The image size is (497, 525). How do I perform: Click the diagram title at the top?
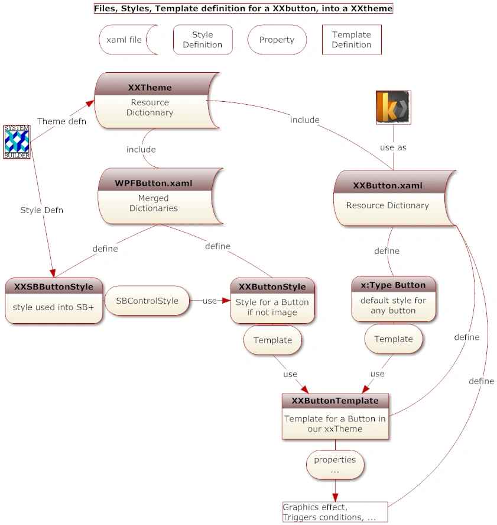point(243,9)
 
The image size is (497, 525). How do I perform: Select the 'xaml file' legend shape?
point(125,40)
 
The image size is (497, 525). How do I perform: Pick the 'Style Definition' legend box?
point(203,40)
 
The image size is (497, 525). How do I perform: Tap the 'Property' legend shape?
point(277,40)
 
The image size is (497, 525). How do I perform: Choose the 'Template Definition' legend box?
point(352,40)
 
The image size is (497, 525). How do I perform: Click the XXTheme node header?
point(150,88)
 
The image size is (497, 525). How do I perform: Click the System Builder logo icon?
point(17,141)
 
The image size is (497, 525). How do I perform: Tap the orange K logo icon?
point(393,108)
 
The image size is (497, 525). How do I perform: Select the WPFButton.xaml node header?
point(154,183)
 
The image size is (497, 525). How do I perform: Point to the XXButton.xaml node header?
point(388,185)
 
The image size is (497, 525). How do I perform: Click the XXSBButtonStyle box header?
point(54,287)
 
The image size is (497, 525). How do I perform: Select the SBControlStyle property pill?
point(147,301)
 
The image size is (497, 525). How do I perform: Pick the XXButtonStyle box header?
point(272,287)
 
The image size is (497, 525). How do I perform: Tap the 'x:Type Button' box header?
point(394,285)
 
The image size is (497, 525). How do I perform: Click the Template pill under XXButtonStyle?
point(273,340)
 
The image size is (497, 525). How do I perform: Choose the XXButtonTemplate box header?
point(335,401)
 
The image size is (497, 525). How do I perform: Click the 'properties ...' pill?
point(335,465)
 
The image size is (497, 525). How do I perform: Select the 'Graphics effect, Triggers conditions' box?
point(335,512)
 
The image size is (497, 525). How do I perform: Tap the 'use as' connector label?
point(393,147)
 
